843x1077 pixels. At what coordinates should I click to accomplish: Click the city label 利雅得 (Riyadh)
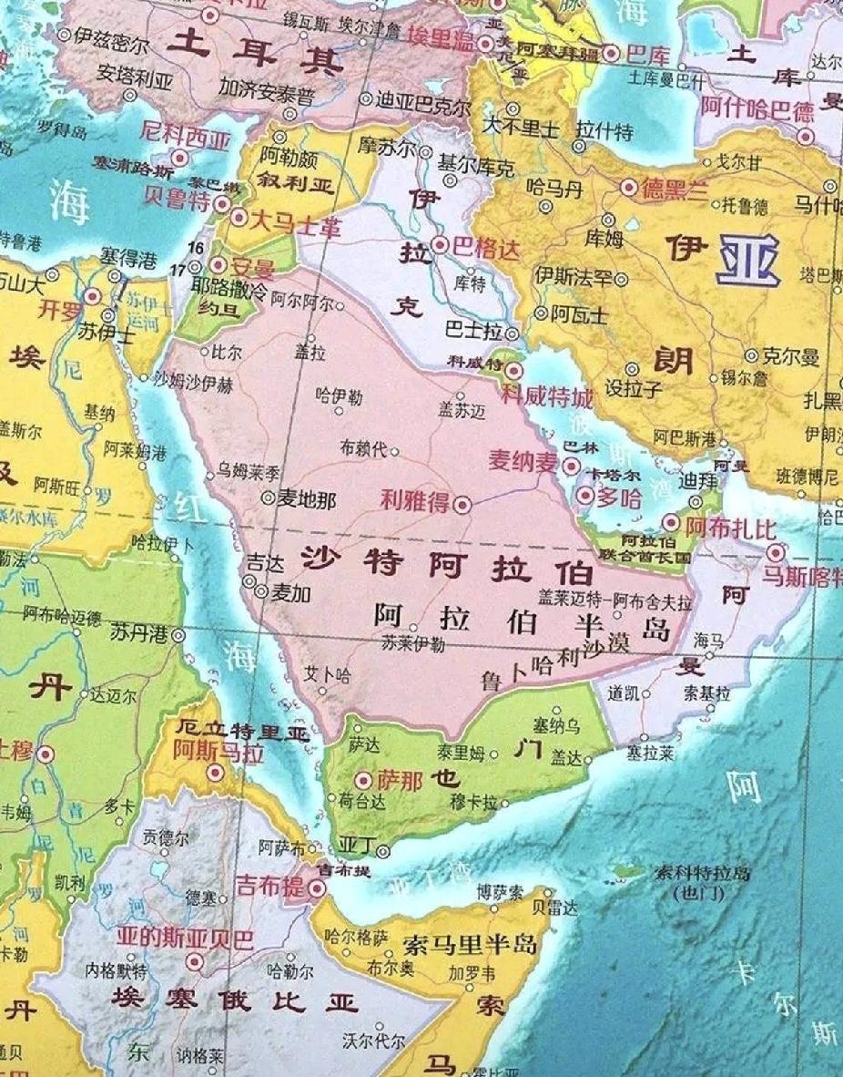click(415, 499)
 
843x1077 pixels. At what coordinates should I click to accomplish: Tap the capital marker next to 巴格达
click(441, 244)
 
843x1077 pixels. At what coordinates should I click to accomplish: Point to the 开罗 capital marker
click(93, 296)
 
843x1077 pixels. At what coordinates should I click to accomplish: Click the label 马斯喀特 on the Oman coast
click(802, 576)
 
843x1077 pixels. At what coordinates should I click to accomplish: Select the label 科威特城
click(546, 398)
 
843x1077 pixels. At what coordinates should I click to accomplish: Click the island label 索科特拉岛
click(702, 874)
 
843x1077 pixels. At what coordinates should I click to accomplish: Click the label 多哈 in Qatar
click(619, 497)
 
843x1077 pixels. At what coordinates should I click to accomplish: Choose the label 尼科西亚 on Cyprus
click(186, 138)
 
